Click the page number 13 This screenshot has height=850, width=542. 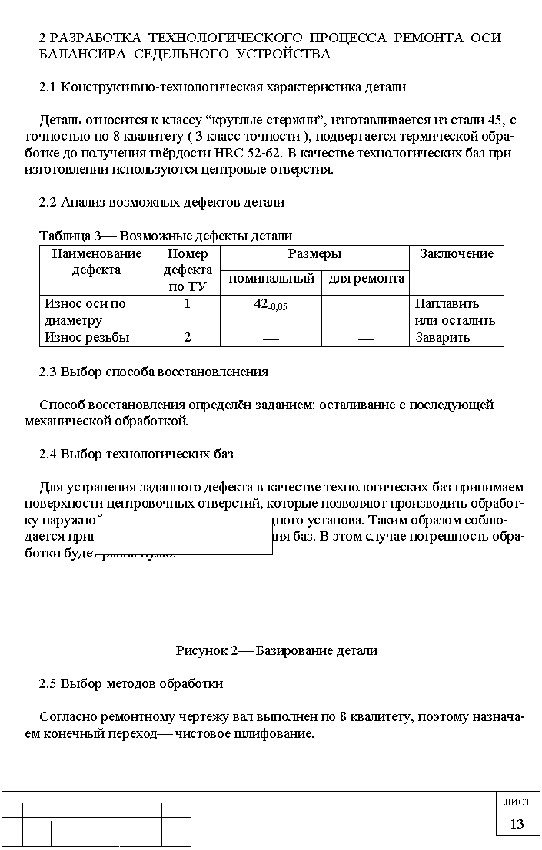click(517, 824)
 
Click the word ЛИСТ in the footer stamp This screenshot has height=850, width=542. click(517, 802)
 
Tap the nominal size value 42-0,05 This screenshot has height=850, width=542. click(271, 304)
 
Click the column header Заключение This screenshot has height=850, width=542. click(457, 254)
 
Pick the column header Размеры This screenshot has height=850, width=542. click(314, 254)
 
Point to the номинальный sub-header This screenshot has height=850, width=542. click(270, 279)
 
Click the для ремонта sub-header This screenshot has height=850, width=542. click(365, 279)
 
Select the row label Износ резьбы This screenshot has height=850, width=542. click(87, 337)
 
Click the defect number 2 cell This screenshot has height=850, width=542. click(187, 337)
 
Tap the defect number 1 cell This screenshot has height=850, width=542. click(187, 304)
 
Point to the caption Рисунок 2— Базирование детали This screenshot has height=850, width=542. click(277, 650)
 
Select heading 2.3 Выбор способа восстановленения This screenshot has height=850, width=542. click(154, 371)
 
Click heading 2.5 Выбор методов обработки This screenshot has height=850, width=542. click(131, 683)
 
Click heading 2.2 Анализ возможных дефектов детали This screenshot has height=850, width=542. click(161, 203)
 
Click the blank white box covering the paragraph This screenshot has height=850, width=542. click(185, 536)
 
